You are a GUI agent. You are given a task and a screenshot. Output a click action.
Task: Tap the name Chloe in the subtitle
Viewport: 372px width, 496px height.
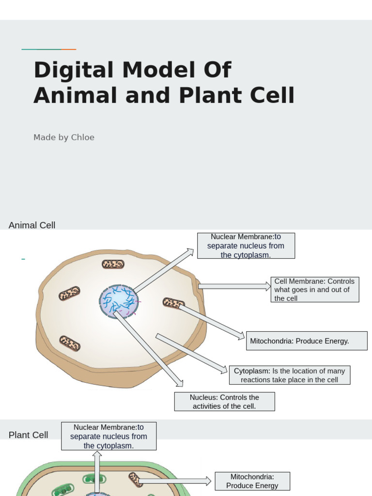click(x=83, y=138)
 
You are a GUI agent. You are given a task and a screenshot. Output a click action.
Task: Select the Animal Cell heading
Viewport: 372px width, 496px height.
click(x=32, y=225)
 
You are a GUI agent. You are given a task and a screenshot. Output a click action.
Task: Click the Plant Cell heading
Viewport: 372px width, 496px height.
click(x=28, y=435)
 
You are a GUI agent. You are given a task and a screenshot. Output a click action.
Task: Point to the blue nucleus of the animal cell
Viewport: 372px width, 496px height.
click(x=119, y=301)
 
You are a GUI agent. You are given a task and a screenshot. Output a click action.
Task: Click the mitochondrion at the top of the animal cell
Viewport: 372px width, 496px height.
click(x=113, y=264)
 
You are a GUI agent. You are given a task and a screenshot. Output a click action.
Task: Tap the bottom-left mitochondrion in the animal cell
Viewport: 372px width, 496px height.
click(x=70, y=343)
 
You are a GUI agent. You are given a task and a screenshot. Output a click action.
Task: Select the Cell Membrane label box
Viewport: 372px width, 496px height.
click(x=315, y=290)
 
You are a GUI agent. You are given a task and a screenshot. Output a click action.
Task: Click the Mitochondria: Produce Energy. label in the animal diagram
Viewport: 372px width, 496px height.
click(x=307, y=341)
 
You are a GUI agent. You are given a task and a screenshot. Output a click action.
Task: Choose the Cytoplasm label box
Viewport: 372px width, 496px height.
click(x=289, y=375)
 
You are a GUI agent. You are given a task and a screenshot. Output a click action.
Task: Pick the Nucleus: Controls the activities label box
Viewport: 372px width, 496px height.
click(x=224, y=402)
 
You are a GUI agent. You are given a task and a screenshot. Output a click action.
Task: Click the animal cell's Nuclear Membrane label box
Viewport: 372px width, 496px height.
click(x=246, y=246)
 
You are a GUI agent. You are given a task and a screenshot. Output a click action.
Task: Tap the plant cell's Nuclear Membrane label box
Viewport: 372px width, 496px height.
click(x=108, y=436)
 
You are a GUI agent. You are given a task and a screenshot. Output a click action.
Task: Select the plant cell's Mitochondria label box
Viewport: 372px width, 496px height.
click(x=252, y=481)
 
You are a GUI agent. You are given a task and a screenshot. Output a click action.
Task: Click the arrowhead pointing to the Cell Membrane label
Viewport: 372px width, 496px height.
click(x=267, y=286)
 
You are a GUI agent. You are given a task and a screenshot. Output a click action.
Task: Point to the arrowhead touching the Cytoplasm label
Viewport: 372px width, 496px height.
click(x=224, y=371)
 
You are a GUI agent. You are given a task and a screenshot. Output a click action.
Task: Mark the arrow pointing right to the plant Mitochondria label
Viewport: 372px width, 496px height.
click(x=175, y=481)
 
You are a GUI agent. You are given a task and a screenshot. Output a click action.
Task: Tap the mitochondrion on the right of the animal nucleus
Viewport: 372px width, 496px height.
click(x=173, y=303)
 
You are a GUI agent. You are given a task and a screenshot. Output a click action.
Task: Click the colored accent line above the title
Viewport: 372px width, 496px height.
click(x=49, y=49)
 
